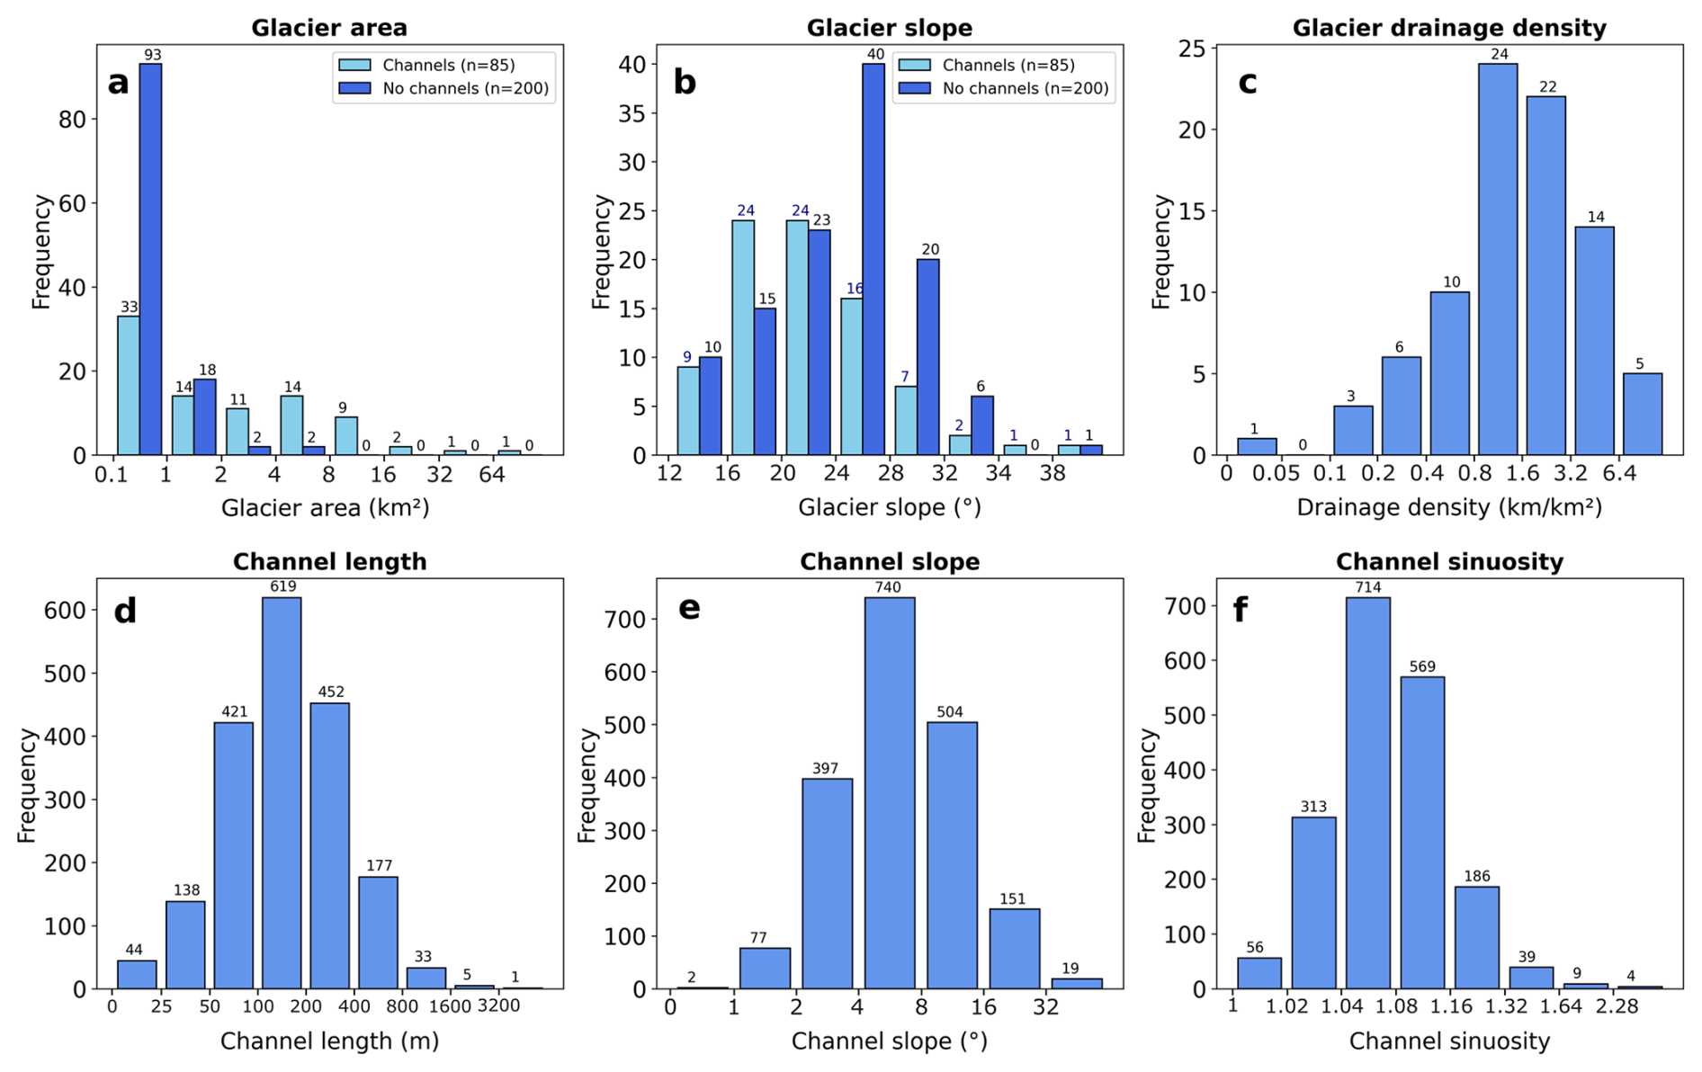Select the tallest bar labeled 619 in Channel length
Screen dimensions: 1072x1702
coord(282,791)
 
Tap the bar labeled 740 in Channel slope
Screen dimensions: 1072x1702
coord(890,791)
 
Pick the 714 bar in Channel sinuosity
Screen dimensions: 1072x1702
coord(1367,791)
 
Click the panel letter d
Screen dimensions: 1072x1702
coord(125,612)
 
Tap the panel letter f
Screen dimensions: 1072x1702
coord(1241,610)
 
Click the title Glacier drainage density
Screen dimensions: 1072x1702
coord(1449,28)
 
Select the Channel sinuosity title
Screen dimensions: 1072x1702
coord(1449,562)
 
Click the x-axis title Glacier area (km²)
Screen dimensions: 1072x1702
coord(326,508)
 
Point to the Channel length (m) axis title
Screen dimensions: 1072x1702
coord(330,1041)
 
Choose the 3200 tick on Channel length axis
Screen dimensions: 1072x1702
coord(498,1005)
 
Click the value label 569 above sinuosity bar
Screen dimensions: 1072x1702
coord(1422,667)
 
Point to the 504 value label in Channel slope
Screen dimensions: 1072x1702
coord(950,712)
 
